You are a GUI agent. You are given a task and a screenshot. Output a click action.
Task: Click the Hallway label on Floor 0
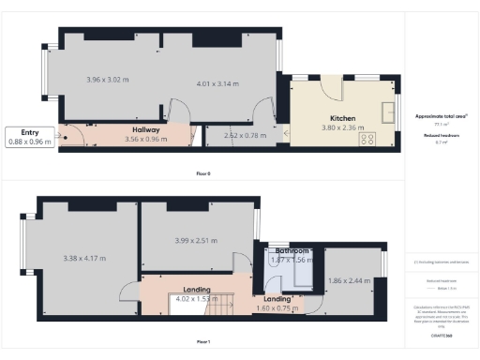(146, 130)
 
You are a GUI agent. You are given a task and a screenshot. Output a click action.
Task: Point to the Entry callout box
(28, 137)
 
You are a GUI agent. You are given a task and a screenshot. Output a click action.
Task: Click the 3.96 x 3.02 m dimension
(105, 80)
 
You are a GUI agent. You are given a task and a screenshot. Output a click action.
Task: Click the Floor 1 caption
(202, 341)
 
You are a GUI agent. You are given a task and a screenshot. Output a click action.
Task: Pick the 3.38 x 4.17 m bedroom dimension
(84, 258)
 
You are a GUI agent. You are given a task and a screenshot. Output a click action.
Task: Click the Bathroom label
(292, 251)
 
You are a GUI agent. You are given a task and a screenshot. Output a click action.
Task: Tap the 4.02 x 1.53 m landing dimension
(195, 299)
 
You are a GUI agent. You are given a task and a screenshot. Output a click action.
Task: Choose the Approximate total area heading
(442, 115)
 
